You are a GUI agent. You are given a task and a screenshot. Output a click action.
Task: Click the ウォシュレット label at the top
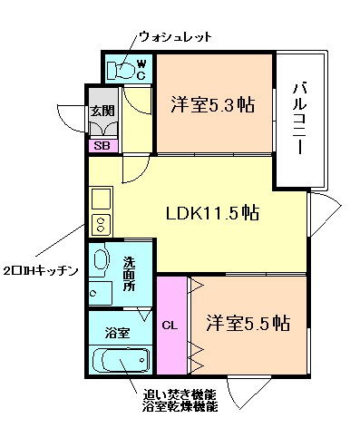(175, 37)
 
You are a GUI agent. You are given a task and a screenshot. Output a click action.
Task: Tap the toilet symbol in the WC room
(122, 70)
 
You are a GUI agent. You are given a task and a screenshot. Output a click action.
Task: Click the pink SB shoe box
(102, 145)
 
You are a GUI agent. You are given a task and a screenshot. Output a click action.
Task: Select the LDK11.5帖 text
(212, 214)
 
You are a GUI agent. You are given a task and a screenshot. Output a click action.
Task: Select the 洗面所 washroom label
(129, 273)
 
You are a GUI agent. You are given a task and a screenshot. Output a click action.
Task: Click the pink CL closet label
(169, 324)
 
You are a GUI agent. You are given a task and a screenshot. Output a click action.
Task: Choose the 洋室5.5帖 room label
(247, 322)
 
